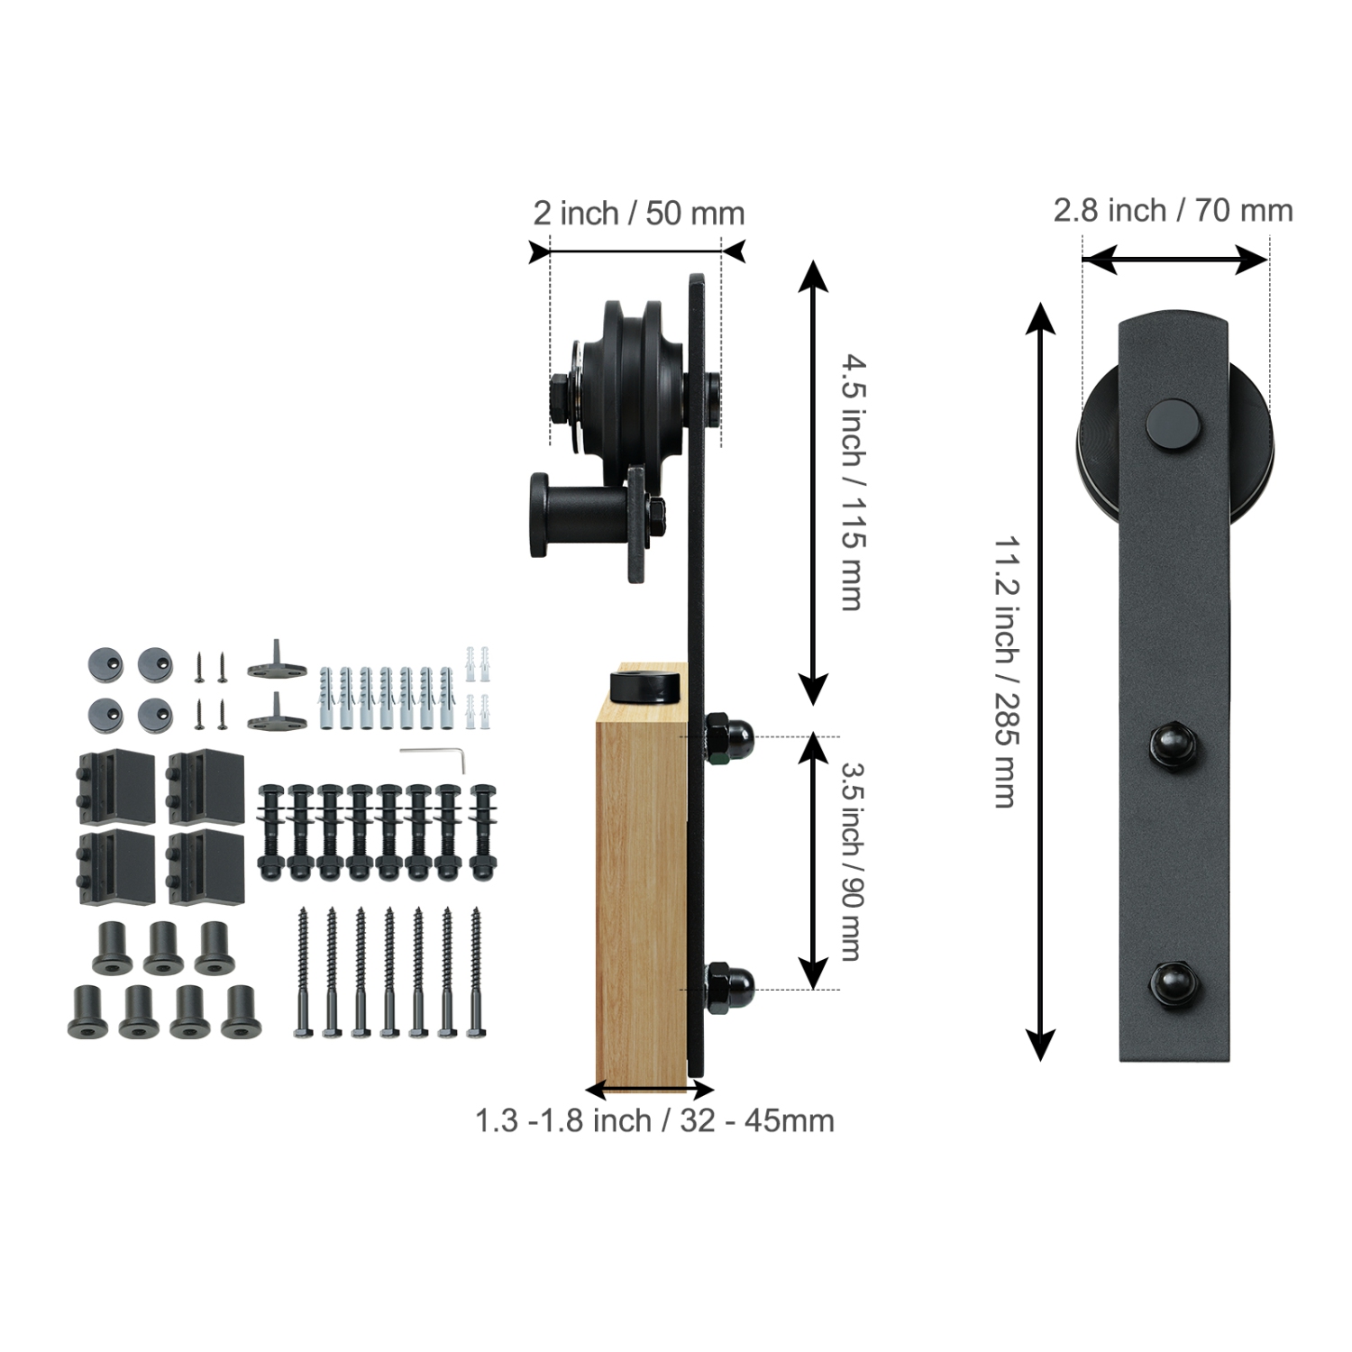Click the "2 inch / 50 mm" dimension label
[x=638, y=214]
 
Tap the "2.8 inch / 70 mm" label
[x=1173, y=211]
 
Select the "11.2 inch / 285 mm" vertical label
[x=1008, y=672]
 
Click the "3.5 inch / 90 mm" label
[x=853, y=862]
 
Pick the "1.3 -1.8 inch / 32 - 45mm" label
[x=654, y=1120]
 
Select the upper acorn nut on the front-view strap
[x=1173, y=745]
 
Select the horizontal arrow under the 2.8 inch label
[x=1174, y=260]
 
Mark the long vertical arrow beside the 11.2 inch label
[x=1041, y=681]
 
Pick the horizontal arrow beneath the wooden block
[x=650, y=1089]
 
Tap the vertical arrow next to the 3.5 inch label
[x=814, y=862]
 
